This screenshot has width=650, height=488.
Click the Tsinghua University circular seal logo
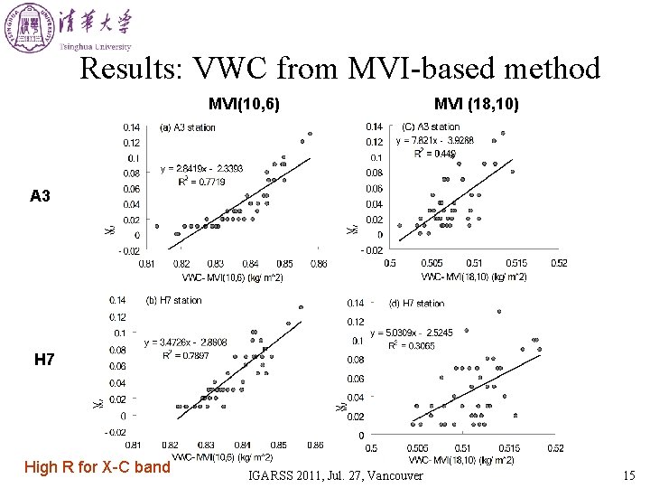tap(28, 26)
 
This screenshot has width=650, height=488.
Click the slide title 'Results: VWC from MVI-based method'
tap(339, 69)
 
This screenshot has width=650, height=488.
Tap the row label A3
tap(41, 196)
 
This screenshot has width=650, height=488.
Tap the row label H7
tap(44, 361)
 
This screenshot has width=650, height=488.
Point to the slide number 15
tap(628, 475)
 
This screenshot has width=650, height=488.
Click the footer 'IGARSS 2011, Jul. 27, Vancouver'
tap(335, 475)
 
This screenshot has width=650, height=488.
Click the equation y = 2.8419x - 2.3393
tap(201, 169)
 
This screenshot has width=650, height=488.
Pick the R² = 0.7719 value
tap(201, 182)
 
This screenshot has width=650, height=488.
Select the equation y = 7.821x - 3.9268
tap(434, 141)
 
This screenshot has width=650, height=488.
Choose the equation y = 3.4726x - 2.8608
tap(186, 343)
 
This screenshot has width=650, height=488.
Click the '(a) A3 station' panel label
tap(188, 127)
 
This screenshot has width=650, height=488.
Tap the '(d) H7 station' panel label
tap(416, 304)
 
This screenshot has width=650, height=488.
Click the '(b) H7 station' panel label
tap(174, 300)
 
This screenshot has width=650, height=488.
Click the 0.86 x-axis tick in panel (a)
tap(319, 264)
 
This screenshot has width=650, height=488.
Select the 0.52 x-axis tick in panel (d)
tap(555, 448)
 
